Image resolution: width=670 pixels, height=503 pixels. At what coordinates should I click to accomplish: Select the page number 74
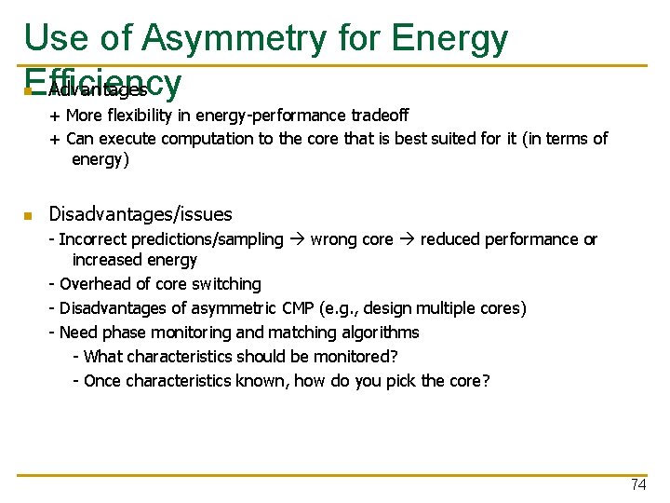point(637,485)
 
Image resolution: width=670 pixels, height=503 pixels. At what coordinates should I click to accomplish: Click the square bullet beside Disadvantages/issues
point(29,216)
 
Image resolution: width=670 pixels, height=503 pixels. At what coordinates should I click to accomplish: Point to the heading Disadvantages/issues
point(140,214)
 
